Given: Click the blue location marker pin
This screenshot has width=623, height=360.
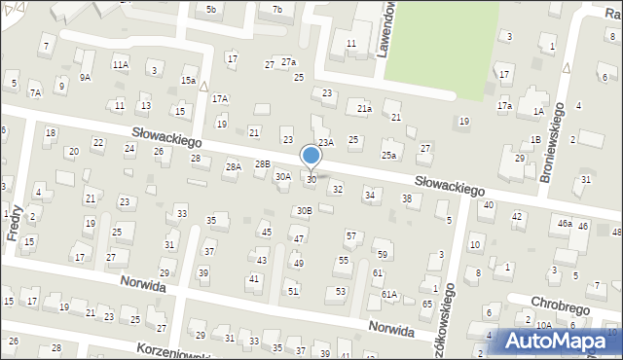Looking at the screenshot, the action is point(311,157).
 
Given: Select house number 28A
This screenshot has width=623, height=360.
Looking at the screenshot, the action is point(234,167).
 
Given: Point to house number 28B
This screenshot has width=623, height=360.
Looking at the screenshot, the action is point(262,164).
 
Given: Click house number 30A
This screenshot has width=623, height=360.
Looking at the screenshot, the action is point(282,177).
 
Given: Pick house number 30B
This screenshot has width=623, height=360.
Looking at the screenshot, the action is point(305,210).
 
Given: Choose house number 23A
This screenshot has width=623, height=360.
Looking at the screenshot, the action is point(326,142).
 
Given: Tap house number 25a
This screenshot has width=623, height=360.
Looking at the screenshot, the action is point(389,156).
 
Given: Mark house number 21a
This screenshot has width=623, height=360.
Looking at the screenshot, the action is point(364,109).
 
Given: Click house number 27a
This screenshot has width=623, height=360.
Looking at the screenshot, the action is point(288,61).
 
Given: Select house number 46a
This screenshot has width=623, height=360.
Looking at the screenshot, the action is point(565,224).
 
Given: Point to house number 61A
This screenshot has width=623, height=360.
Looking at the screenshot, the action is point(389,294).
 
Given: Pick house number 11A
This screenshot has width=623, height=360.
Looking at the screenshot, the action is point(120,64).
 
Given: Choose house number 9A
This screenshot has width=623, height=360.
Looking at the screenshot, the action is point(86,77).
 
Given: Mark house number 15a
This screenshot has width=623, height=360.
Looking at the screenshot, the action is point(188,81).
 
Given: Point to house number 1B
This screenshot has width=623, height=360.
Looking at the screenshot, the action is point(535,139).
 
